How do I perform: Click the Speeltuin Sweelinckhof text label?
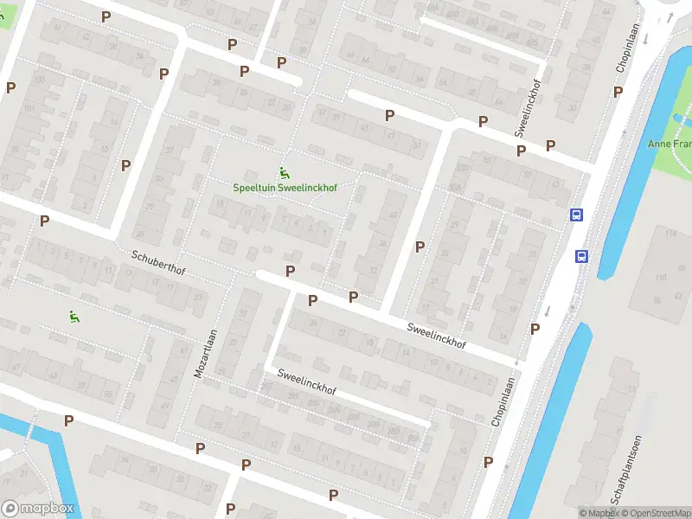pos(285,188)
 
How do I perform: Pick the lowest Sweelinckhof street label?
pos(305,381)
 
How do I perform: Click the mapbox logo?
pos(38,509)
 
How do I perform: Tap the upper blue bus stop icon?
pos(576,215)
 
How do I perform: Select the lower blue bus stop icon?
pos(582,255)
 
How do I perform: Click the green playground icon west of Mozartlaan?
pos(74,317)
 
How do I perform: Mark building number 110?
pos(661,278)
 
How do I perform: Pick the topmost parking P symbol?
pos(106,16)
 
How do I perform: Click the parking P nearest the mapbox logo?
pos(68,420)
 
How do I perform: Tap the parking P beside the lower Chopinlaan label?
pos(489,462)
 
